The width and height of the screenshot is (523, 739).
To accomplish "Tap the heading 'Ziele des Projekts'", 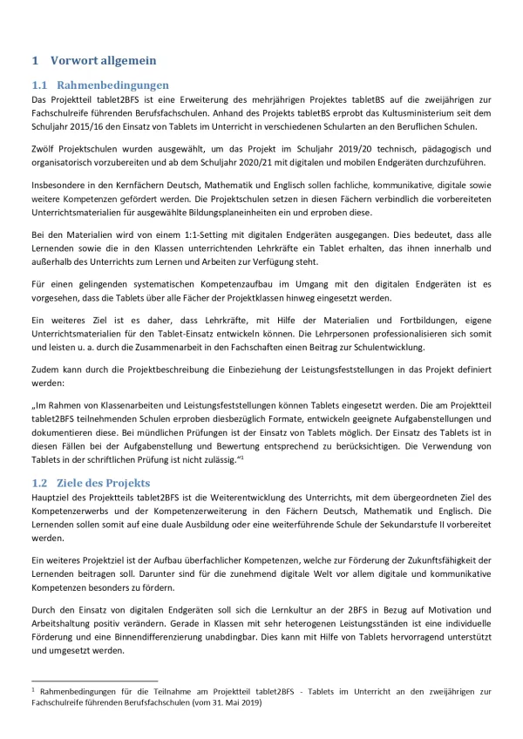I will pyautogui.click(x=105, y=483).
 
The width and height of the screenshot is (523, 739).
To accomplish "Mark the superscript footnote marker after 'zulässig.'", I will pyautogui.click(x=240, y=456).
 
